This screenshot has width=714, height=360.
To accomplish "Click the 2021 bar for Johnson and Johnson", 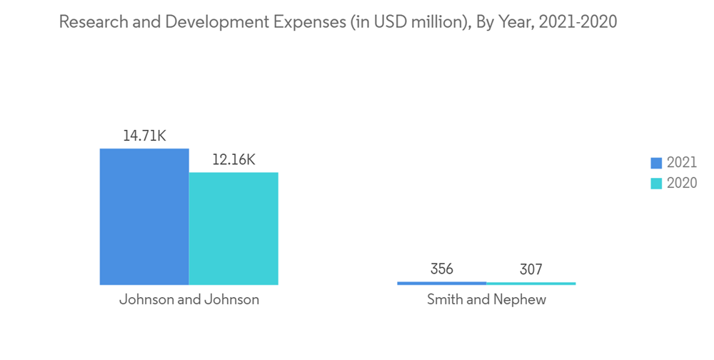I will coord(144,217).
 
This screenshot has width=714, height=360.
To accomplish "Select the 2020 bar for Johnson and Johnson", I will coord(233,229).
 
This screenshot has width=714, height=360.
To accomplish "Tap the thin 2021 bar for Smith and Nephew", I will coord(441,284).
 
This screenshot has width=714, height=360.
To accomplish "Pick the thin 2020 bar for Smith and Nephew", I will coord(531,284).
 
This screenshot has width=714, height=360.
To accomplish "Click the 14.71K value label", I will coord(144,136).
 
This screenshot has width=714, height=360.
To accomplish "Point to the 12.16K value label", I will coord(233,159).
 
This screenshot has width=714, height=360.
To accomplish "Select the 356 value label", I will coord(441,269).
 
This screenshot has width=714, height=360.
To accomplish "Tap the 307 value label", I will coord(531,269).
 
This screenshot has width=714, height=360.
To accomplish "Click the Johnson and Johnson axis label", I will coord(188,300).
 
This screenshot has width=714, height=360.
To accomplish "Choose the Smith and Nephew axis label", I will coord(486,300).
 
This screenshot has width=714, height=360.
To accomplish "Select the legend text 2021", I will coord(682,163).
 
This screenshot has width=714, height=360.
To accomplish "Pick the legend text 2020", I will coord(682,183).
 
